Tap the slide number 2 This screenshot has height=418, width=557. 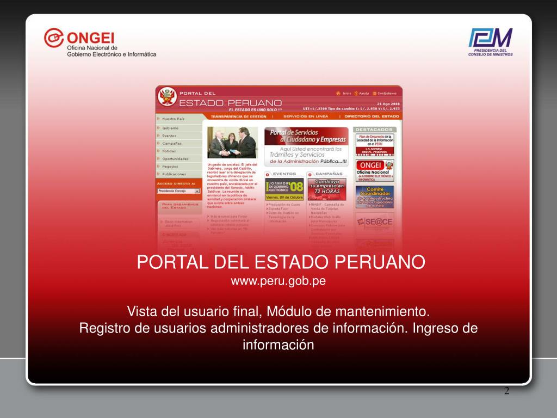(x=506, y=391)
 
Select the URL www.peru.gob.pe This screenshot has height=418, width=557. (x=278, y=281)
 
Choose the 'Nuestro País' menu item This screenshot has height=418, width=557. (x=174, y=118)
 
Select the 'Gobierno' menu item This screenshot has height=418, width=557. (x=170, y=128)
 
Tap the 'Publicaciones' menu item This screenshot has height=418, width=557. (x=174, y=174)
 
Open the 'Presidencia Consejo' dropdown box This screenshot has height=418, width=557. (x=179, y=191)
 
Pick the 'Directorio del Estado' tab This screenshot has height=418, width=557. (x=372, y=116)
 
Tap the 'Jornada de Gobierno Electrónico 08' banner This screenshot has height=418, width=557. (x=284, y=189)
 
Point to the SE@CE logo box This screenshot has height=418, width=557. (x=375, y=222)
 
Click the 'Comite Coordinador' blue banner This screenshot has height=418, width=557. (x=375, y=197)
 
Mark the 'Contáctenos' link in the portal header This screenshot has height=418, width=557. (x=386, y=93)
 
